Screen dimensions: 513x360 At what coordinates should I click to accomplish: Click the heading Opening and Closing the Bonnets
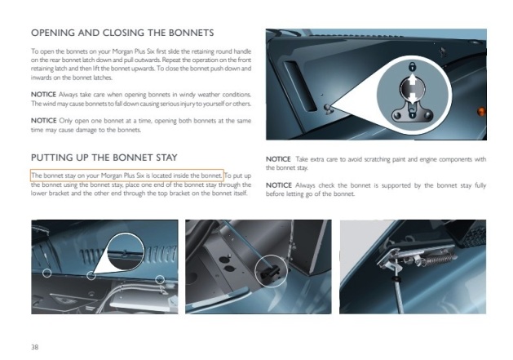tap(122, 33)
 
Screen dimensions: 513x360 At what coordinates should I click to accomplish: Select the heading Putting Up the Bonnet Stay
tap(104, 158)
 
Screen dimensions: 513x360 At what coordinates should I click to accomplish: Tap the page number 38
tap(35, 347)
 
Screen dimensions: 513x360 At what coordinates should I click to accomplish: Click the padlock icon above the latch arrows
tap(412, 66)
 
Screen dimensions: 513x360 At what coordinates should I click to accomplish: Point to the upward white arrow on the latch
tap(413, 80)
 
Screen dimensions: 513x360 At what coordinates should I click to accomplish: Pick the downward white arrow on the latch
tap(413, 98)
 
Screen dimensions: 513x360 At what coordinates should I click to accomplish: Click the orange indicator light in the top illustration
tap(481, 111)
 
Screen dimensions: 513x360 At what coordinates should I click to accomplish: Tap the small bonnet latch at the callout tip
tap(328, 109)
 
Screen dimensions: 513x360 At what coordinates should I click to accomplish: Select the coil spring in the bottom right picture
tap(437, 260)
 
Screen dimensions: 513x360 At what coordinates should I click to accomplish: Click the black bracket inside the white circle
tap(270, 271)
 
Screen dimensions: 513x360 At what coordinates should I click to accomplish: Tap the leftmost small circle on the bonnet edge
tap(47, 273)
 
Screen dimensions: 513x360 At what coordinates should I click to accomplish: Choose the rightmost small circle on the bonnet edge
tap(160, 279)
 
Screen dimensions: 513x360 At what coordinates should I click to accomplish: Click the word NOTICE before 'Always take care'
tap(43, 95)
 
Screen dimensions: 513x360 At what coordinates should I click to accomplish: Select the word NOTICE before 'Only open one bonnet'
tap(43, 121)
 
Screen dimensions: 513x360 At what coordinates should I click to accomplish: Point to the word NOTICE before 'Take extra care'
tap(278, 159)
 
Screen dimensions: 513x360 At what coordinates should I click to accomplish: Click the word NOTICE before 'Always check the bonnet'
tap(278, 185)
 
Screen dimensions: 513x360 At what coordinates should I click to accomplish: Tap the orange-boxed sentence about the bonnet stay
tap(127, 176)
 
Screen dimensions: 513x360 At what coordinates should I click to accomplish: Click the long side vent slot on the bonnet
tap(300, 86)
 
